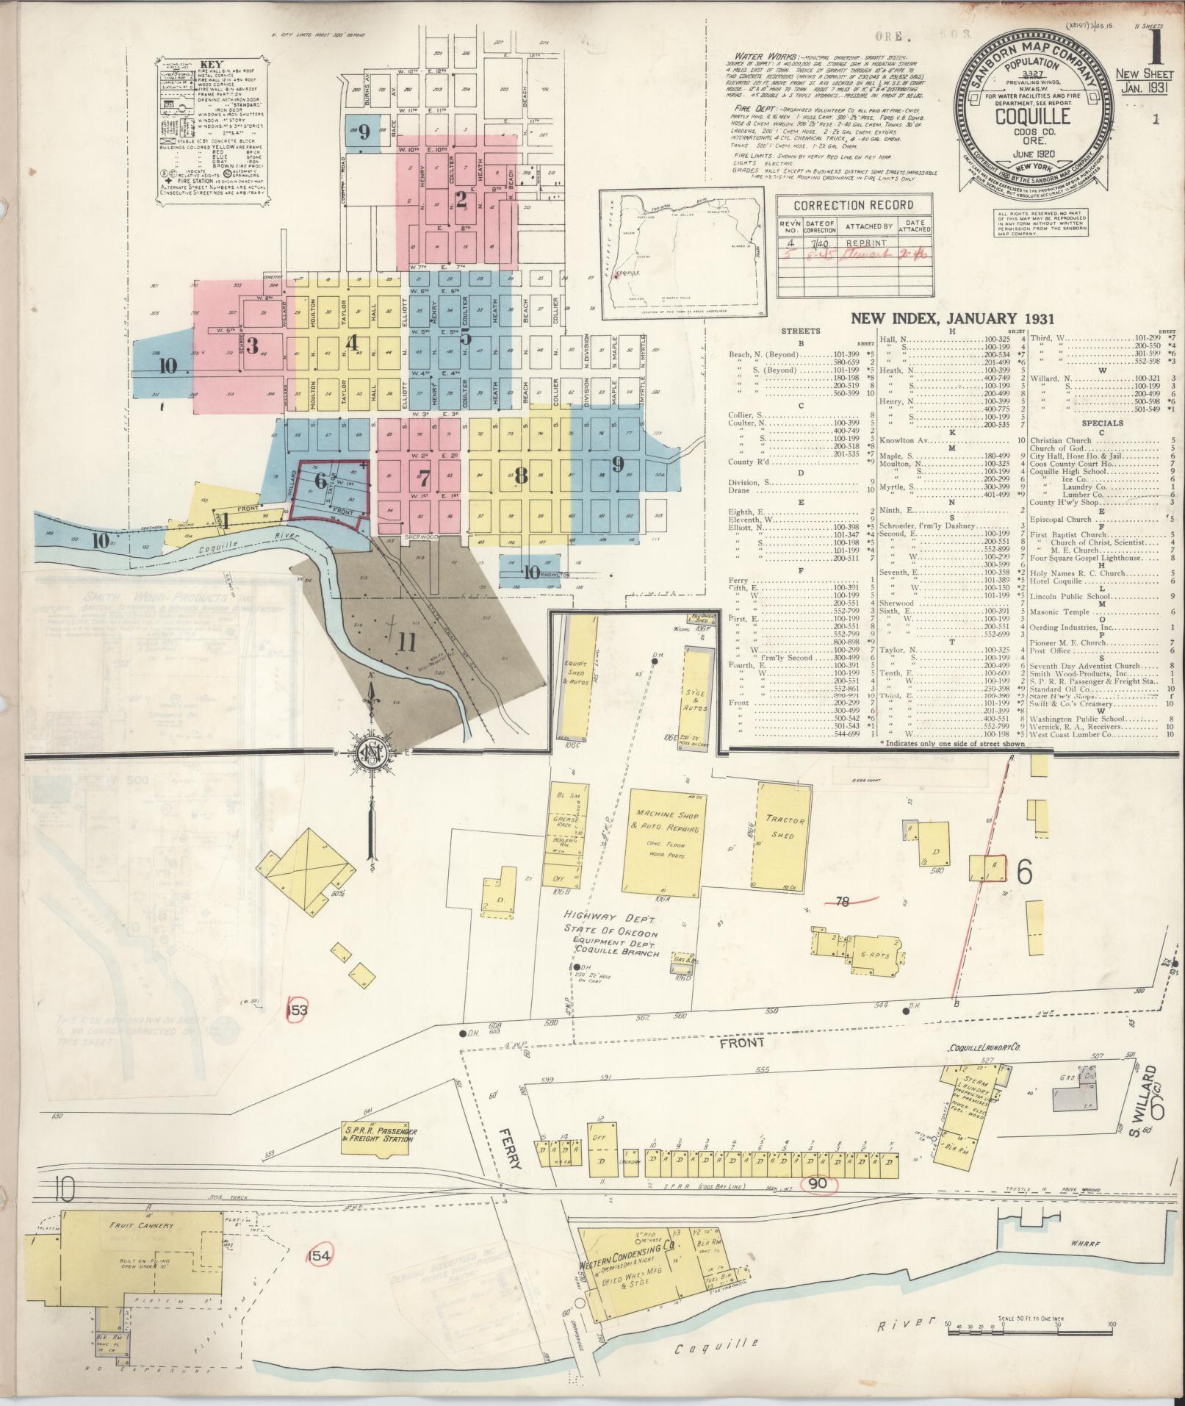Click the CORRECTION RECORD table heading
click(854, 205)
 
